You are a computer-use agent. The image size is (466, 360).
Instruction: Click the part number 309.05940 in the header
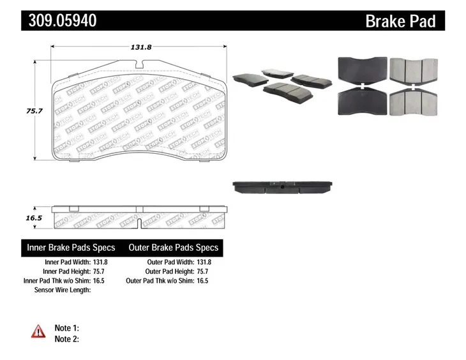point(63,20)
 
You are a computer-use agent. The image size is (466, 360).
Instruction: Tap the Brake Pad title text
point(400,21)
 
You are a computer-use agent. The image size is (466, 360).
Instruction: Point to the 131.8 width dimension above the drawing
point(141,47)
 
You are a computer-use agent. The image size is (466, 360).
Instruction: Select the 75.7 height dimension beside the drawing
point(34,111)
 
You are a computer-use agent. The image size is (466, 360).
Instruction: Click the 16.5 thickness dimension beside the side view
point(34,218)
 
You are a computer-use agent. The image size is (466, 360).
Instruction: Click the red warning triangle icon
point(38,331)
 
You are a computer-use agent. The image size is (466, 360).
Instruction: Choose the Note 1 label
point(67,328)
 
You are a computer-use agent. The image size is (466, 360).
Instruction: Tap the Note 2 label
point(67,339)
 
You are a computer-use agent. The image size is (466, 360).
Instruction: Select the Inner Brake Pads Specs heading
point(71,248)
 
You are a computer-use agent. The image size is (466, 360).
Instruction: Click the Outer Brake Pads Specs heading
point(174,248)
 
